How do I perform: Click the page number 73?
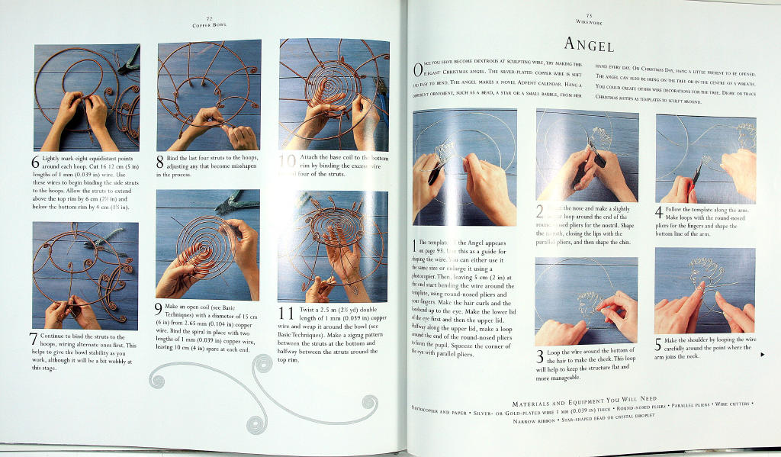[589, 15]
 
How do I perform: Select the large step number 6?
[35, 163]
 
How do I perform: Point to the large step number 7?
[34, 340]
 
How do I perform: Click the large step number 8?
[160, 160]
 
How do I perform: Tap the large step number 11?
[287, 314]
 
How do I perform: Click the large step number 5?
[659, 345]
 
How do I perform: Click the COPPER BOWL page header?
[208, 24]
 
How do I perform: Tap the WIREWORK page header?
[589, 23]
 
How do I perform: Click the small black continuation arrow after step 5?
[761, 354]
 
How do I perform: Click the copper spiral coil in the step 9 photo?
[202, 245]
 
